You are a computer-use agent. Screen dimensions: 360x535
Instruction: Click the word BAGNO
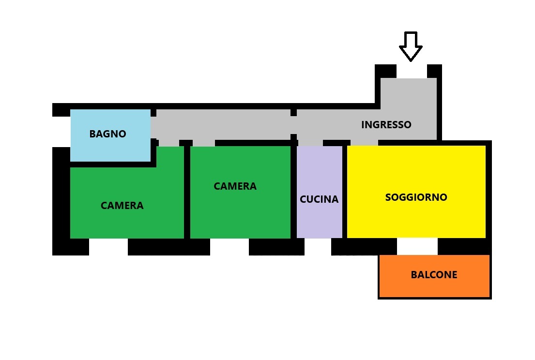point(107,134)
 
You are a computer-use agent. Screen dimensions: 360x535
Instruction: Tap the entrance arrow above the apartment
point(411,46)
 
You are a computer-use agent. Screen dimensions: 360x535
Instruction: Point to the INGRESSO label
point(386,125)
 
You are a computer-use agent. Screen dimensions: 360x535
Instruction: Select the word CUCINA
point(319,199)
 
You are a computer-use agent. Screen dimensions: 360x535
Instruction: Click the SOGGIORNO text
point(416,197)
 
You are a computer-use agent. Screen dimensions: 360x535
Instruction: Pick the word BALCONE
point(434,275)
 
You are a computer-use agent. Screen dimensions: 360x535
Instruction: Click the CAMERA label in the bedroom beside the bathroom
point(122,206)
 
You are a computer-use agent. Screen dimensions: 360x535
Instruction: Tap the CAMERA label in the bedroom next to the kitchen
point(235,186)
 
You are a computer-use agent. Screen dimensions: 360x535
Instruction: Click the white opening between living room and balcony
point(417,246)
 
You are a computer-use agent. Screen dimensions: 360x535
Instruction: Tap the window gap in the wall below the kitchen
point(318,247)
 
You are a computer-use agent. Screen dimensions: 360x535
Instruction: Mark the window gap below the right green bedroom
point(229,247)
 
